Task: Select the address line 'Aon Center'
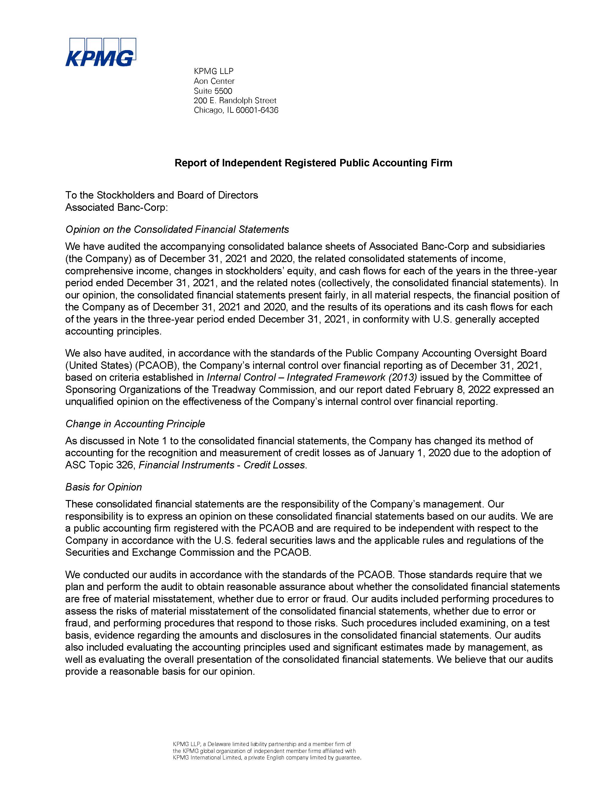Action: pyautogui.click(x=214, y=81)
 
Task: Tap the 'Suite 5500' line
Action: pyautogui.click(x=213, y=91)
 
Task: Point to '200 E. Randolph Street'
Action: pyautogui.click(x=235, y=100)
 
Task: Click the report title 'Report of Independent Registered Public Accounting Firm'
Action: pyautogui.click(x=313, y=163)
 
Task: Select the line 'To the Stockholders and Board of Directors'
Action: pyautogui.click(x=162, y=195)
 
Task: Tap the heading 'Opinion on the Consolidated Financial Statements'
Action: pyautogui.click(x=177, y=229)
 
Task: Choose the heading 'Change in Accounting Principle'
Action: pyautogui.click(x=135, y=424)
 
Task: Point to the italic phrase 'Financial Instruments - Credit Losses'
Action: pyautogui.click(x=222, y=465)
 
